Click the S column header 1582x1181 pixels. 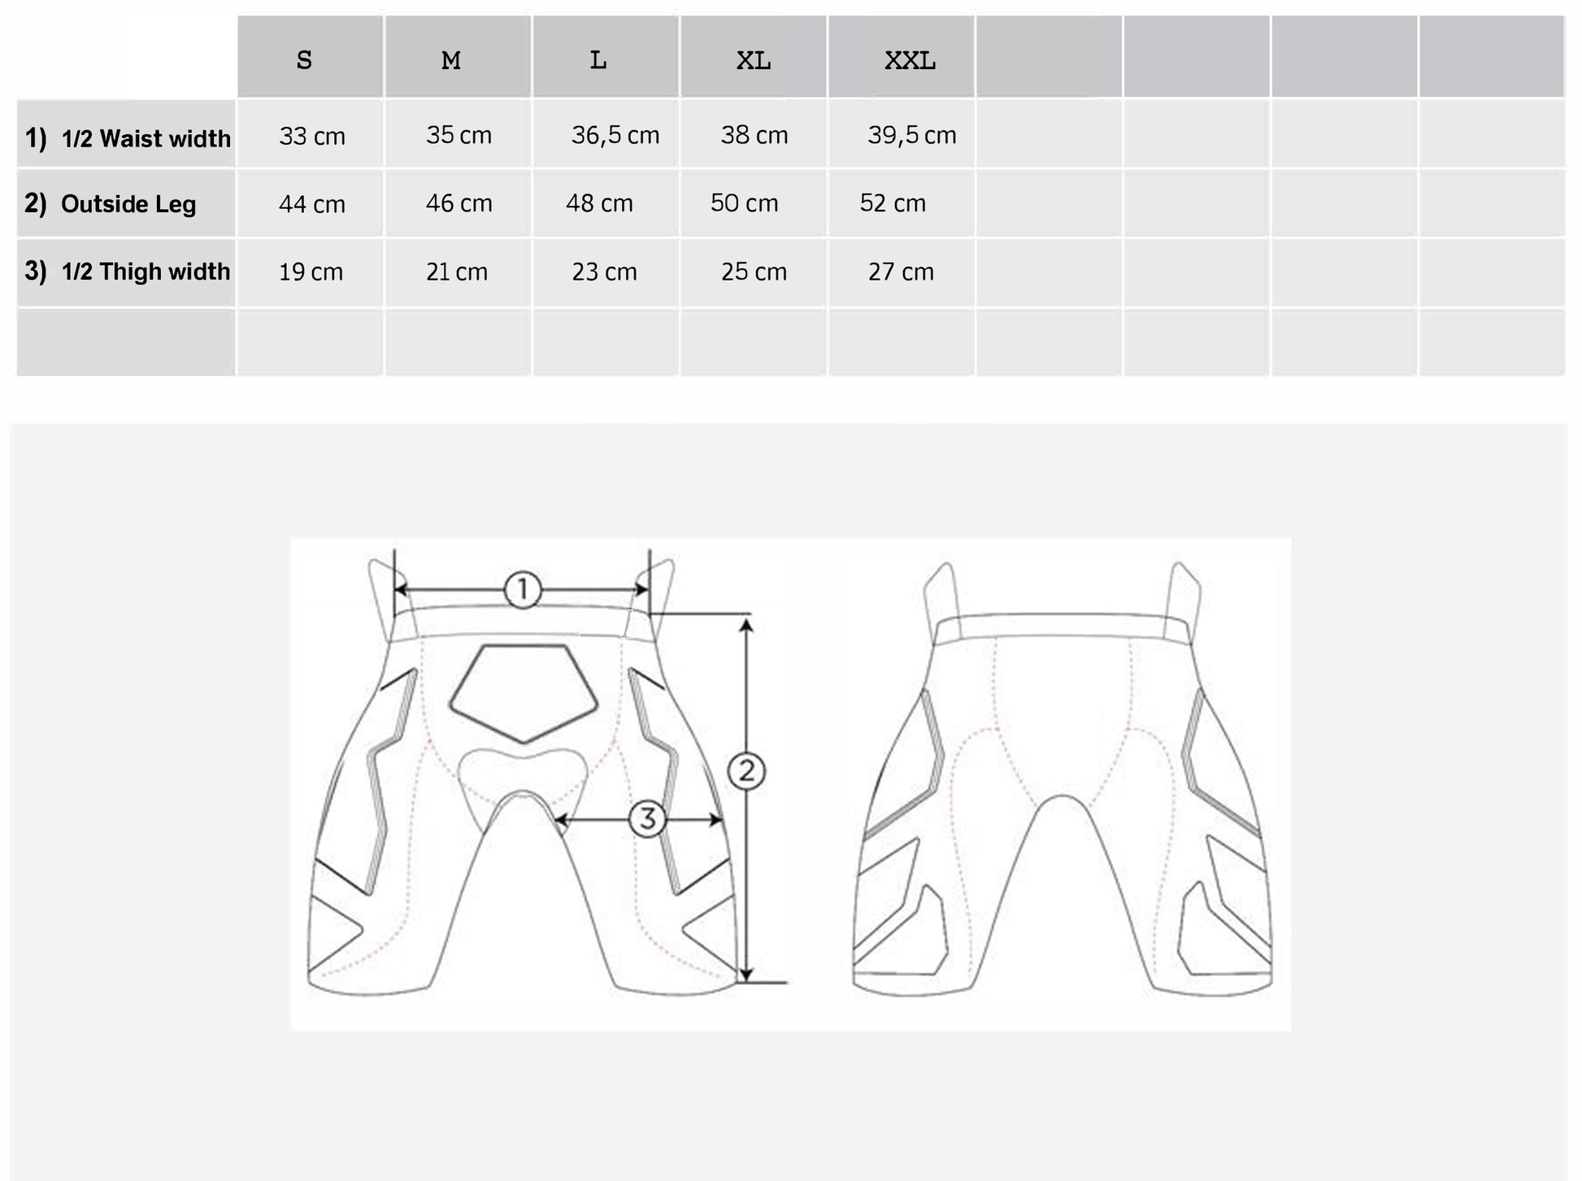304,60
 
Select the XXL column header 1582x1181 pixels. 910,60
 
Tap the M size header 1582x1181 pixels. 451,60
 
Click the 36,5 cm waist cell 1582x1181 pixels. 615,135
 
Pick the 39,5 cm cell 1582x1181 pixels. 911,135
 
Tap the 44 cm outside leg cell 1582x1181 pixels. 312,203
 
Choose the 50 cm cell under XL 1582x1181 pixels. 745,203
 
